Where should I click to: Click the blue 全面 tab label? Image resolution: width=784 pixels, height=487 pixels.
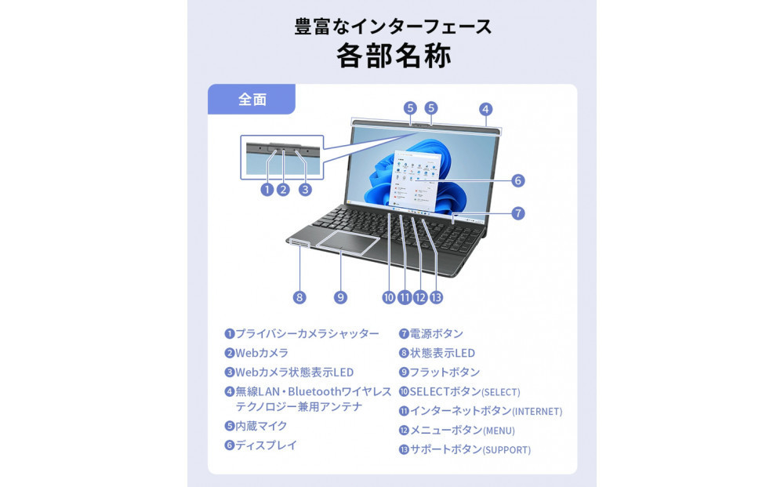pos(252,100)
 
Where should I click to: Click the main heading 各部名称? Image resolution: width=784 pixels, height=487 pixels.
pos(393,56)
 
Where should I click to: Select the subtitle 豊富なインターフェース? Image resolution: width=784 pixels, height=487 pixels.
pos(393,26)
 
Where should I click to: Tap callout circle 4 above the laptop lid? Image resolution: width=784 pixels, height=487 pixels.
pos(485,109)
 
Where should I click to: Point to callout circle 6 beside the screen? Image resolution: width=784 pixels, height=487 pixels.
pos(517,180)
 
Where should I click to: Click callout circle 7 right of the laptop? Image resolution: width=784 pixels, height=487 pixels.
pos(517,213)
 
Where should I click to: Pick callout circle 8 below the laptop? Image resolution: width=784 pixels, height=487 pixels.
pos(299,297)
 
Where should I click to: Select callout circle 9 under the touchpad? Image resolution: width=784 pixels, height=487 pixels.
pos(340,297)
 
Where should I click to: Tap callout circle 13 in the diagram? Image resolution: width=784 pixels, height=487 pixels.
pos(437,297)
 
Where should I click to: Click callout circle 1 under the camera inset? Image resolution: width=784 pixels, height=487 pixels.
pos(267,189)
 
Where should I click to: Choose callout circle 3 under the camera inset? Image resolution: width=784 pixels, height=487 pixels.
pos(305,189)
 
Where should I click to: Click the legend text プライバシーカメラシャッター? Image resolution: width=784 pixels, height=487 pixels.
pos(307,334)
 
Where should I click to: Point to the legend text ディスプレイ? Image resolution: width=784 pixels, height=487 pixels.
pos(267,445)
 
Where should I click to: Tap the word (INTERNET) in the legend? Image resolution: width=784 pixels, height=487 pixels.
pos(537,412)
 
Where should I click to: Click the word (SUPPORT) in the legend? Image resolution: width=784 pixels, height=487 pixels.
pos(506,450)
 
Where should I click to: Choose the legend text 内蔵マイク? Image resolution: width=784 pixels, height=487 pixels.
pos(262,426)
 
